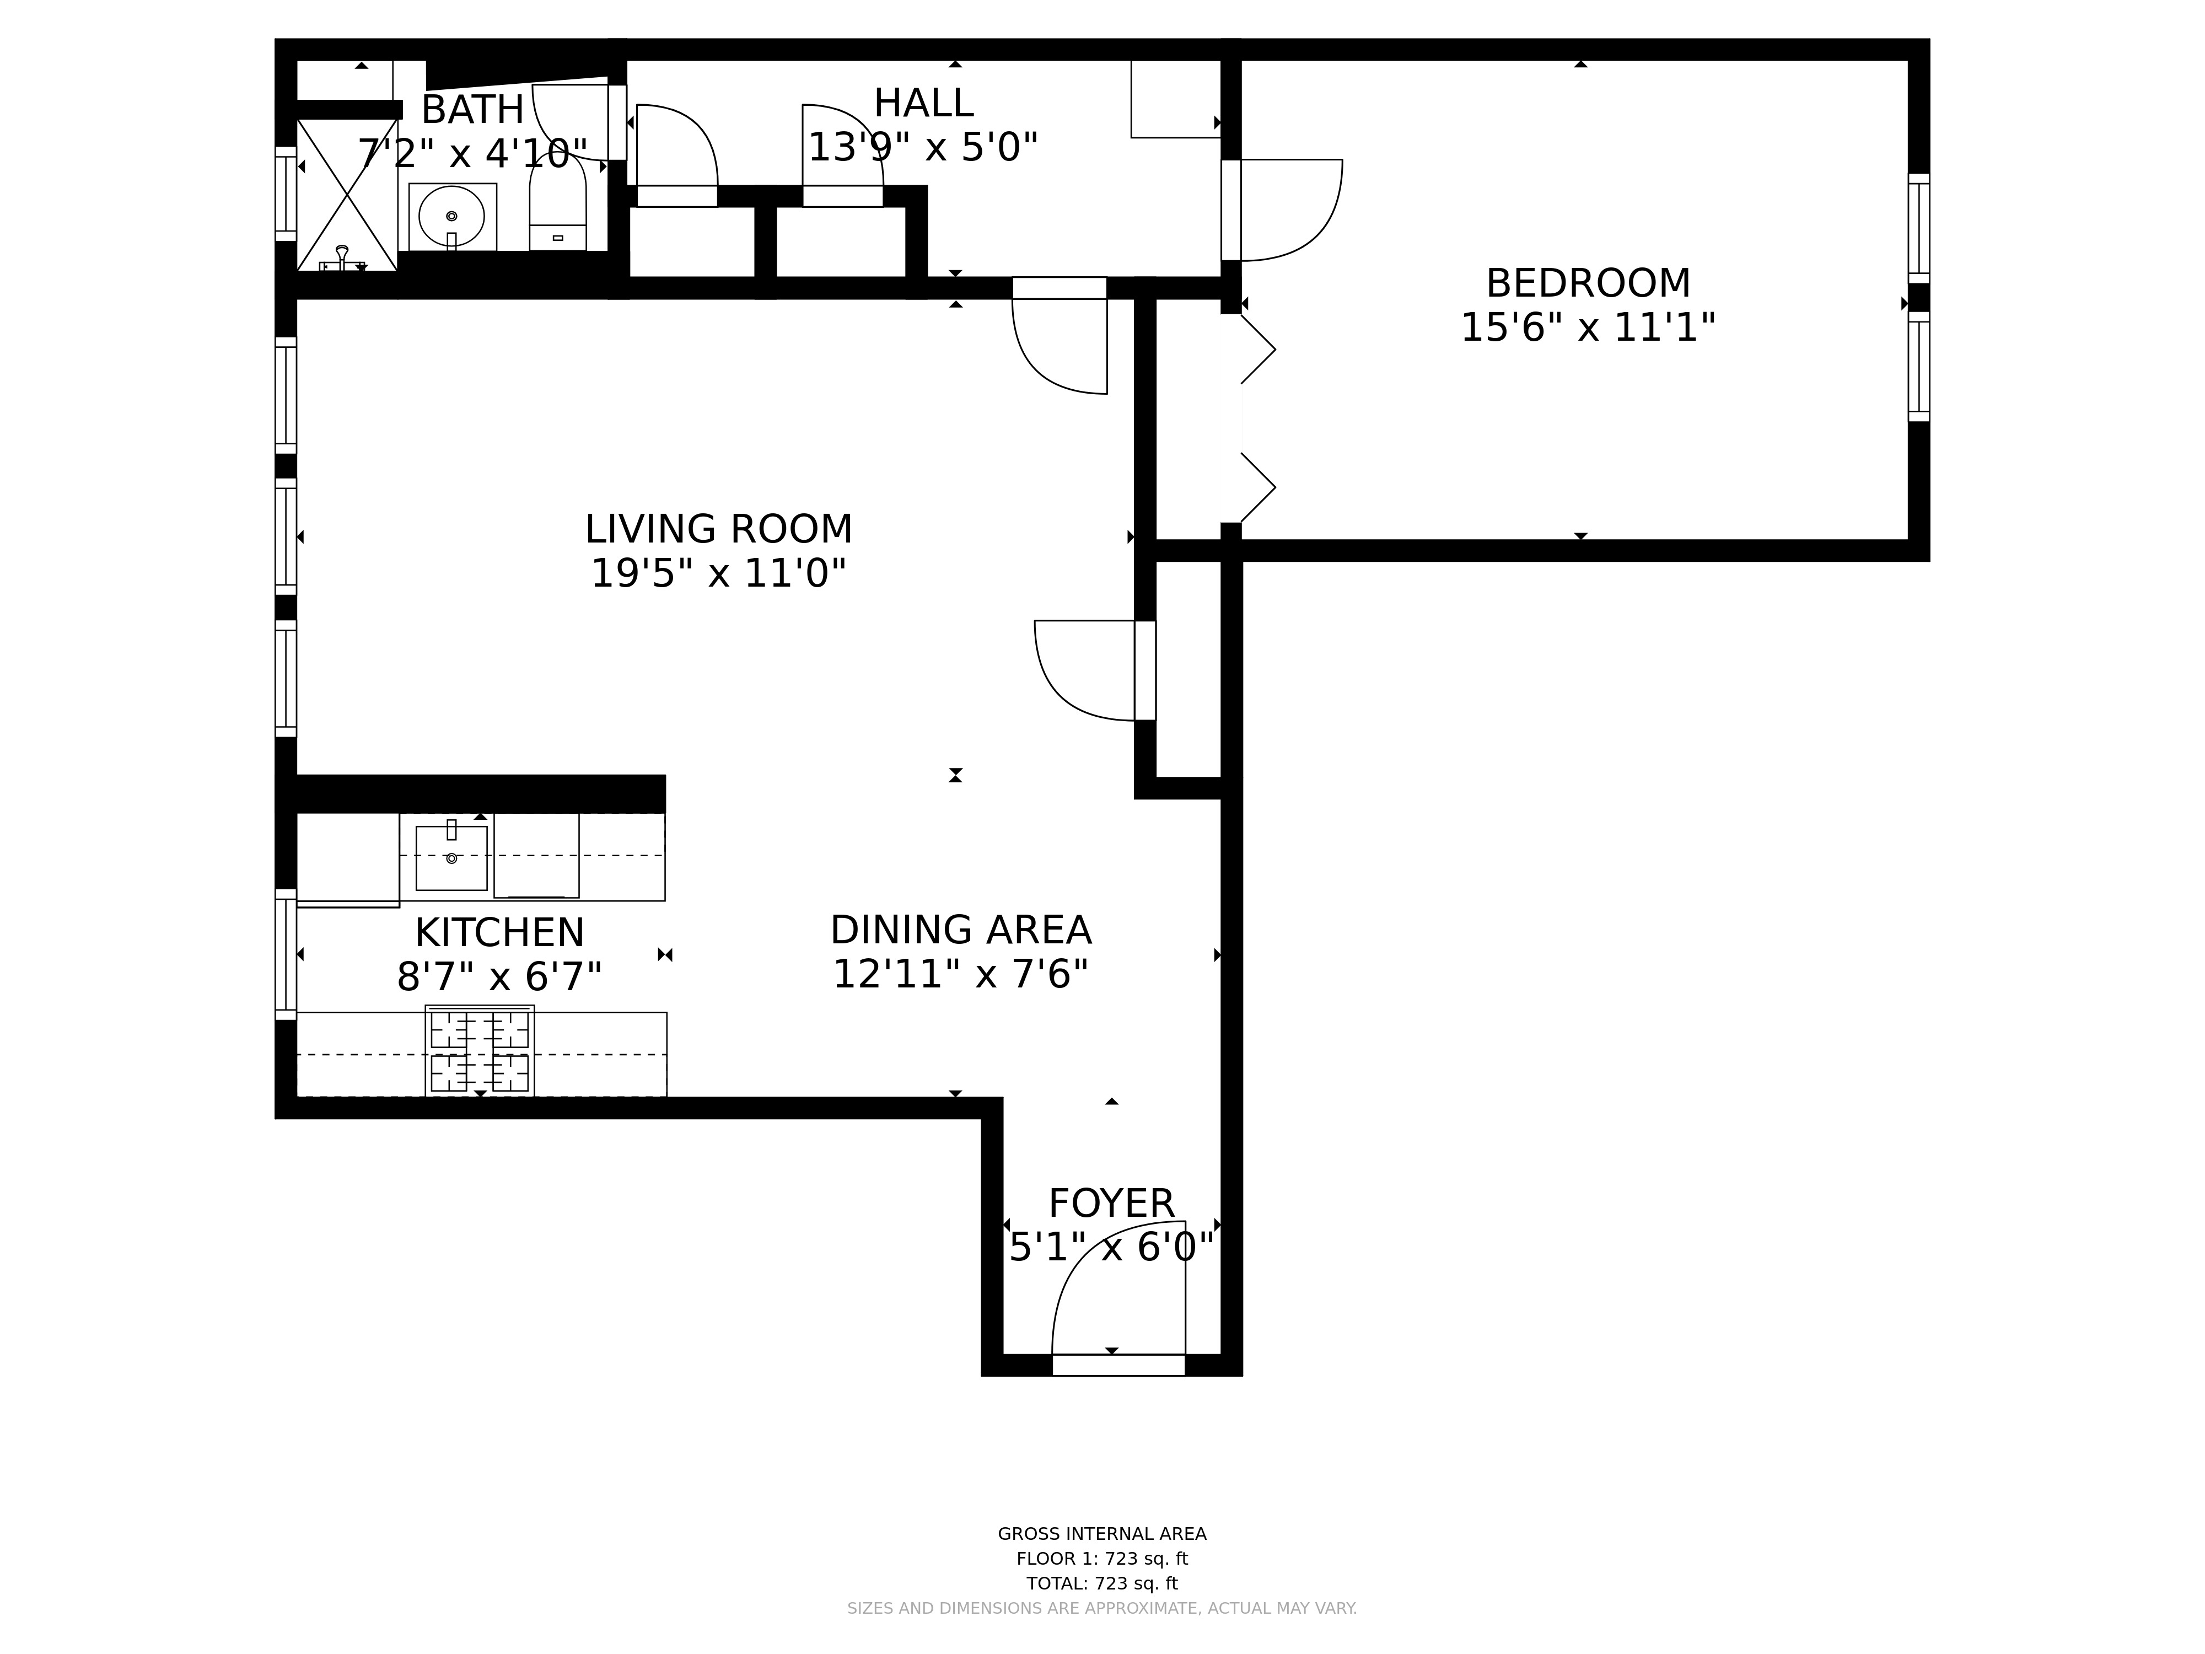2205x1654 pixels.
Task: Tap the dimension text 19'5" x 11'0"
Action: [x=718, y=573]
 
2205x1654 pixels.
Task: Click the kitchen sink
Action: [x=451, y=857]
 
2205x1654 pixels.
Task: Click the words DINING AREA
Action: [x=960, y=930]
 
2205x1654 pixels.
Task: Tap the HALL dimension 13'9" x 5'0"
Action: [x=922, y=148]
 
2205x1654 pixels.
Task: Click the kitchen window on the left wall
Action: [x=286, y=954]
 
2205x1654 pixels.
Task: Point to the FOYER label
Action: [x=1111, y=1204]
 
